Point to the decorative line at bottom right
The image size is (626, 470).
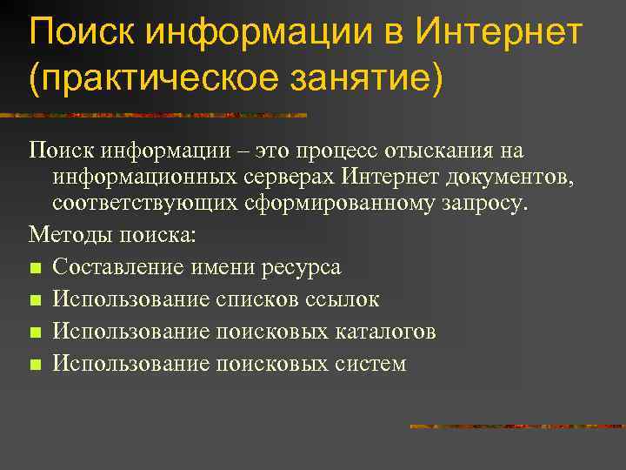coord(517,426)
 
